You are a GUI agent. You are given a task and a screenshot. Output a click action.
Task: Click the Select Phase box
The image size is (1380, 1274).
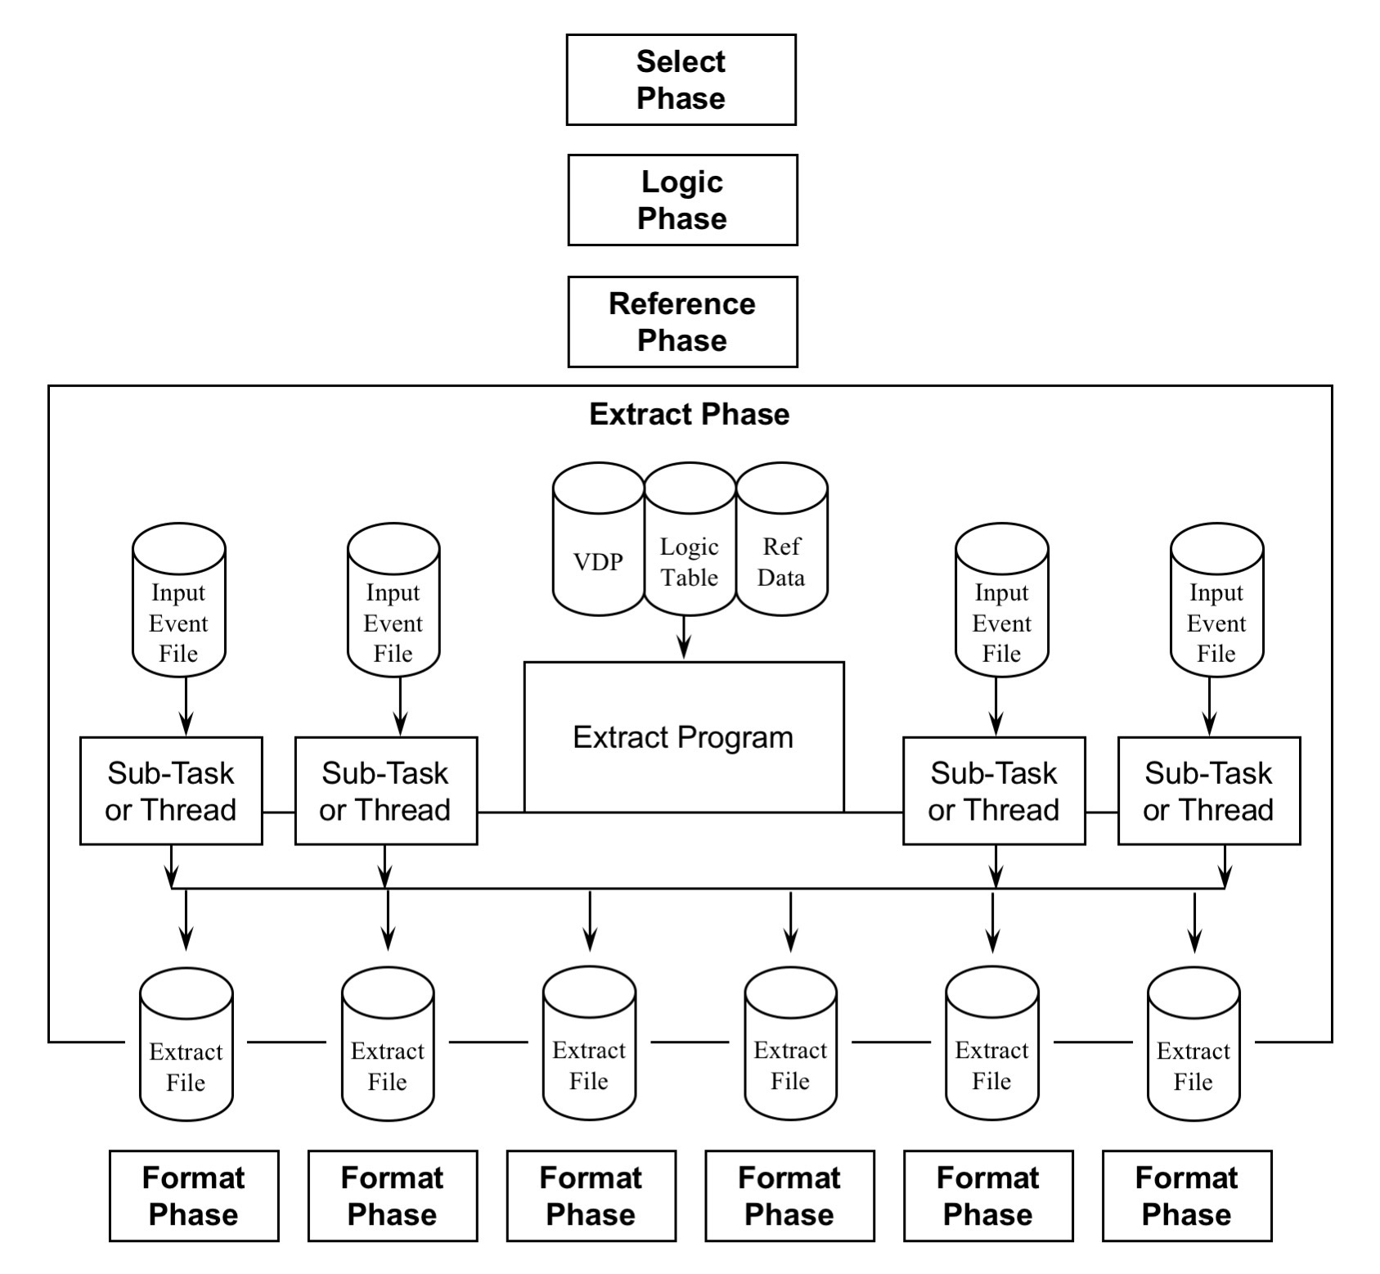point(681,80)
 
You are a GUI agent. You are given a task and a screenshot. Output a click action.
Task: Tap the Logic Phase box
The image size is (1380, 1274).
point(682,200)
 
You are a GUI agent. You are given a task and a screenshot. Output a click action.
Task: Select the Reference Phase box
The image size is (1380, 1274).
point(682,322)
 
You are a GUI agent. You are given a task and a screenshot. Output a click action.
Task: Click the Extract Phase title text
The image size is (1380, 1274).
point(689,414)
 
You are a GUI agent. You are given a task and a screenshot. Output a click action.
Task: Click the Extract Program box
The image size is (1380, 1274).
point(683,737)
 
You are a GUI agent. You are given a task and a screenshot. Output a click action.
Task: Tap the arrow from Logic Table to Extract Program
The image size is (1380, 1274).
point(684,637)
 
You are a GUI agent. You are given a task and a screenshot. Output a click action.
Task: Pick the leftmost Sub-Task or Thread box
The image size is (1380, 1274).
point(171,790)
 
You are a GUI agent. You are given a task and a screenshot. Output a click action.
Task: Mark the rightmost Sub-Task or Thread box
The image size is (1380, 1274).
point(1208,790)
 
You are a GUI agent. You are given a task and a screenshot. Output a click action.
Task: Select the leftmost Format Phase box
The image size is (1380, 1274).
point(194,1195)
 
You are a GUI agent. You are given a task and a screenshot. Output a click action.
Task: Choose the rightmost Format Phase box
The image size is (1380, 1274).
point(1186,1195)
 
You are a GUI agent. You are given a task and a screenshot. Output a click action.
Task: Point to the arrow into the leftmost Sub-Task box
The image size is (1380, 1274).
point(187,707)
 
